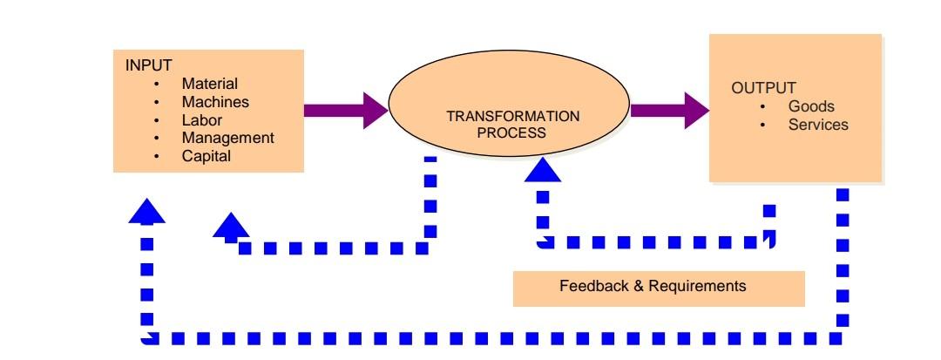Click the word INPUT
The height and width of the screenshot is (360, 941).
tap(148, 66)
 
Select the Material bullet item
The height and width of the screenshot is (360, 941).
tap(209, 85)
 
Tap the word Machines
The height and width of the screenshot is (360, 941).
tap(215, 102)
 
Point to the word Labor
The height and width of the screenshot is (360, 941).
tap(201, 120)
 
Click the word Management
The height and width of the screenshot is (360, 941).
tap(227, 138)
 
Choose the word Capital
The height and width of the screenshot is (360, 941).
tap(206, 156)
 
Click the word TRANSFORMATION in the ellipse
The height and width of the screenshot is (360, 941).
tap(512, 116)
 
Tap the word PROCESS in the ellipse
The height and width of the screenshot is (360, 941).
tap(512, 133)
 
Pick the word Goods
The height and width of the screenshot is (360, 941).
tap(811, 106)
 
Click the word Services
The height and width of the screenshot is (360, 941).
tap(817, 125)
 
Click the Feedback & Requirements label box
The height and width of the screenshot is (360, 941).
tap(658, 287)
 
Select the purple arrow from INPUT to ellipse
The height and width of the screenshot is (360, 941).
tap(345, 110)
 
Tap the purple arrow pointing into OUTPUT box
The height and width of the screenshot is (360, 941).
tap(669, 110)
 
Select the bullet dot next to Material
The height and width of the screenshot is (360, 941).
tap(157, 85)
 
